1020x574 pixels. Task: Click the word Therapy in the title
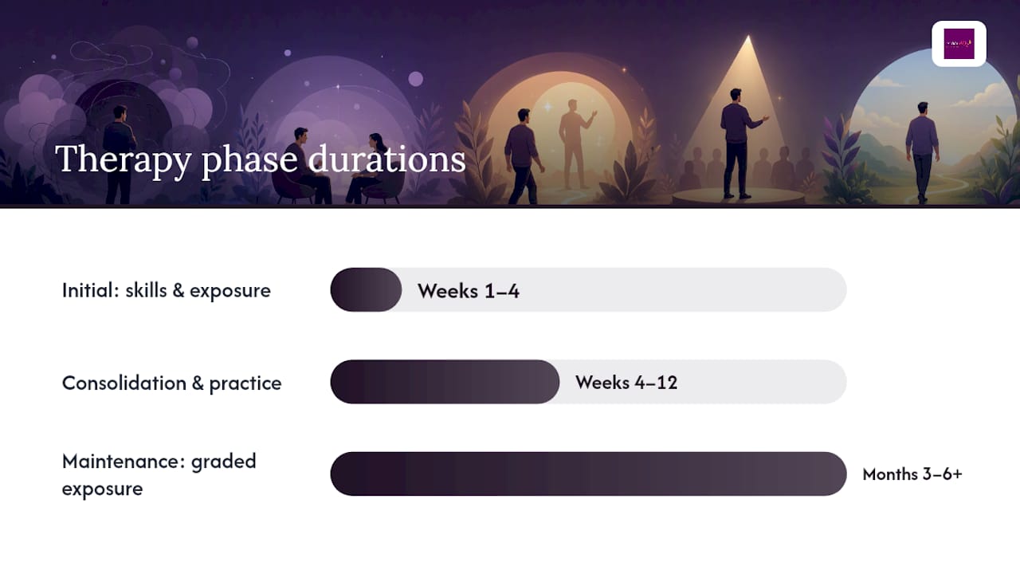[124, 160]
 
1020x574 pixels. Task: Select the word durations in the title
[386, 159]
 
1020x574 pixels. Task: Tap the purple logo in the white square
[959, 44]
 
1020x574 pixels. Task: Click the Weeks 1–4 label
[469, 291]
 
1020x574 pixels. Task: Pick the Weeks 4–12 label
[626, 383]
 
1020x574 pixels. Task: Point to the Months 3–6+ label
[912, 474]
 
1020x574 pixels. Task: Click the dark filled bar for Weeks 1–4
[366, 289]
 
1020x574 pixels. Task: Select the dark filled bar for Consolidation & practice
[445, 382]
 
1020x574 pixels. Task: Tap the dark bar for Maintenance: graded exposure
[588, 474]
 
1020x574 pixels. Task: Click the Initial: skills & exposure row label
[167, 291]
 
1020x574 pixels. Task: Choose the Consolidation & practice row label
[171, 383]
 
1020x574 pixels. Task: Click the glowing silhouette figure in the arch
[575, 144]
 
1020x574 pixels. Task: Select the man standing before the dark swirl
[119, 155]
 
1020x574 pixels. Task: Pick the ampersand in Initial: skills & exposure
[178, 291]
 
